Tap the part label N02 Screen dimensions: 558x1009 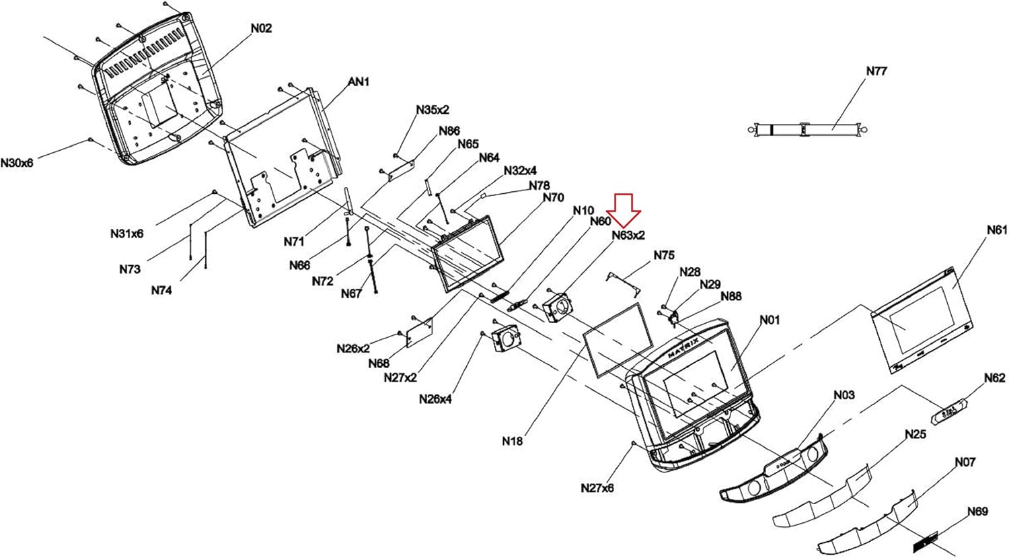(262, 28)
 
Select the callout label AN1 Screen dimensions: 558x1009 (359, 82)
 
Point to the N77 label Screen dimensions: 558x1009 (876, 71)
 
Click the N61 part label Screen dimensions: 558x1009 (997, 230)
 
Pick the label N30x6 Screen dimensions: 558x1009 (17, 163)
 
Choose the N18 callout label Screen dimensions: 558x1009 (512, 442)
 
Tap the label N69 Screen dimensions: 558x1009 (977, 512)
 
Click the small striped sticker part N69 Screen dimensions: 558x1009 (925, 539)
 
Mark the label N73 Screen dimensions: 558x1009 (130, 269)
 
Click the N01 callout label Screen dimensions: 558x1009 (770, 320)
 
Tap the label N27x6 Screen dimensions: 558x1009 (597, 488)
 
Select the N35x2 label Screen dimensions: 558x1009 (433, 110)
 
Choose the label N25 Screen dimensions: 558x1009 (915, 435)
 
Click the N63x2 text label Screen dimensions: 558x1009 (628, 236)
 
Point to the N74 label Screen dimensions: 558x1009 (161, 291)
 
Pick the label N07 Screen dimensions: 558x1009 (965, 462)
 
